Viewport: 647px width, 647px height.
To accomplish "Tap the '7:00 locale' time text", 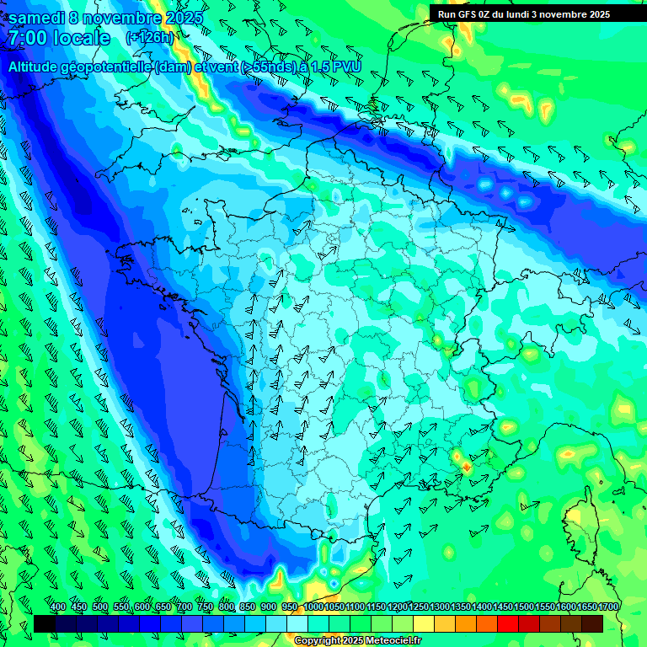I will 59,38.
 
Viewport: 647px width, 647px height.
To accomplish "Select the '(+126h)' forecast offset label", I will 149,37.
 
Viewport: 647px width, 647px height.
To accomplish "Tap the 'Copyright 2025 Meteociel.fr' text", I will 357,640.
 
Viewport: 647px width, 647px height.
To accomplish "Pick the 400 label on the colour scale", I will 58,607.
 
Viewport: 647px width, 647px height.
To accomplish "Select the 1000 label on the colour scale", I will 313,607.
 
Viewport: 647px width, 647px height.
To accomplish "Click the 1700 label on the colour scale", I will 608,607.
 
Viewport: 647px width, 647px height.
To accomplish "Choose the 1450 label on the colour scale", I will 503,607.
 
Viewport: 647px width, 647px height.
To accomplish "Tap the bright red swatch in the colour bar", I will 508,623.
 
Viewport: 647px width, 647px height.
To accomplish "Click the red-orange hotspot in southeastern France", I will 467,465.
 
